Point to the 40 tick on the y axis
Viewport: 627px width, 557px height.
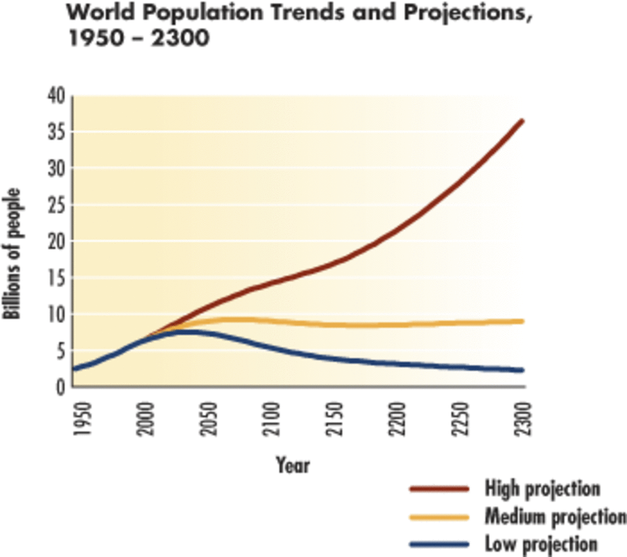(57, 96)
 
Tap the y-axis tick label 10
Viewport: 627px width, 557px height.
(57, 315)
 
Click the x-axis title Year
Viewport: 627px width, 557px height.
(293, 465)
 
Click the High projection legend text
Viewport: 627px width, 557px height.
(542, 489)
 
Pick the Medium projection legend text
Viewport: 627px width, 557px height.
(555, 517)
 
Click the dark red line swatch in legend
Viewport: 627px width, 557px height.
(439, 489)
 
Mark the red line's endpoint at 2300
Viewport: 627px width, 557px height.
(522, 121)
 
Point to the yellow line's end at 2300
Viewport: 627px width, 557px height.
(522, 321)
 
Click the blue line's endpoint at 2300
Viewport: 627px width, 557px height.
(522, 370)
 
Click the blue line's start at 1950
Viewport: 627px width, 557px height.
(74, 369)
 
